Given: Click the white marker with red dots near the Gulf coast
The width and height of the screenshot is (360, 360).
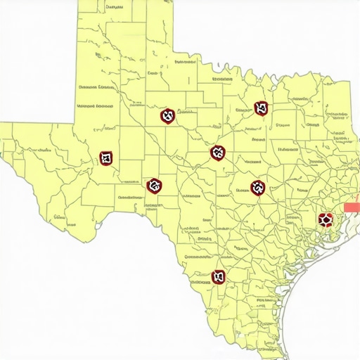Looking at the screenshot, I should click(325, 220).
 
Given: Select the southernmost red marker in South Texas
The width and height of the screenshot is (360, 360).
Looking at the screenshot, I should click(219, 276).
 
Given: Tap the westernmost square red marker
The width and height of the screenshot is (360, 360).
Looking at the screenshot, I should click(106, 157).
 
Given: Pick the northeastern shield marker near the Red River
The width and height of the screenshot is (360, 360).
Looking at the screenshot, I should click(262, 108).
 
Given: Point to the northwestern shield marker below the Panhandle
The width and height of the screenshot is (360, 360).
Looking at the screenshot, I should click(167, 116).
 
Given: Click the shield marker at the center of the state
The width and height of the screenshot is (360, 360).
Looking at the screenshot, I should click(218, 152).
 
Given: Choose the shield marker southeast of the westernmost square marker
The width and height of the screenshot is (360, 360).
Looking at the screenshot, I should click(154, 186).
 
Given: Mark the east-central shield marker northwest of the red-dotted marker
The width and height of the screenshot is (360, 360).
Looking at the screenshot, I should click(258, 187).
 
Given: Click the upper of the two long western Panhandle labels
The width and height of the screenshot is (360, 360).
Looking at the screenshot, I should click(96, 87).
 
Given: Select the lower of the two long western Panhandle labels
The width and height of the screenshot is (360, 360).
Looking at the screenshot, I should click(95, 106).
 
